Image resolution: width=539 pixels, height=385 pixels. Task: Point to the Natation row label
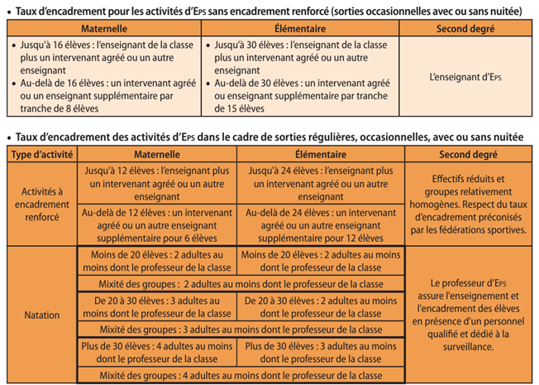[x=41, y=315]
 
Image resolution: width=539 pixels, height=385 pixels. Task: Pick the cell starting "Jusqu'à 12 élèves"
[x=156, y=183]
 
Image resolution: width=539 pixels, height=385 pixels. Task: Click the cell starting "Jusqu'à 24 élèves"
[x=320, y=183]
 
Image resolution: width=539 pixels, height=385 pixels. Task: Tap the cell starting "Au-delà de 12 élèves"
[x=156, y=224]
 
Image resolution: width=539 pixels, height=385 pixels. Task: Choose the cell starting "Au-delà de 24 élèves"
[x=320, y=224]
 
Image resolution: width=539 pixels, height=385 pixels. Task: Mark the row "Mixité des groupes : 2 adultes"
[x=239, y=283]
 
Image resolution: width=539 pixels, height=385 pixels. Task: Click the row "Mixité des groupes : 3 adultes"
[x=239, y=330]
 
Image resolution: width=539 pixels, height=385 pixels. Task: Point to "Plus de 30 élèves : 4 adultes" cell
[x=156, y=352]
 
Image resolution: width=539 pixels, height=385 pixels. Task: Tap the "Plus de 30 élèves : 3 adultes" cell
[x=320, y=352]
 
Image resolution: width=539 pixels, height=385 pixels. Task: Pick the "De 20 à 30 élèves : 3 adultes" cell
[x=156, y=306]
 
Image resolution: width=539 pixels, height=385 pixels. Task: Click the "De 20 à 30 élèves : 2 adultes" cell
[x=320, y=306]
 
